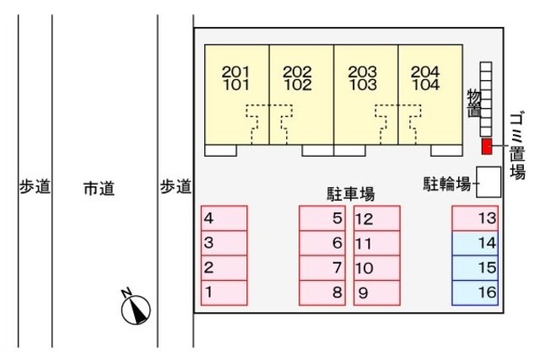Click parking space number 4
pyautogui.click(x=224, y=219)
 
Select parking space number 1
pyautogui.click(x=224, y=293)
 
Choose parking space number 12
pyautogui.click(x=375, y=219)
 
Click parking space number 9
pyautogui.click(x=375, y=293)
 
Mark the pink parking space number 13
pyautogui.click(x=475, y=219)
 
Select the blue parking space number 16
pyautogui.click(x=475, y=293)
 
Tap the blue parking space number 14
pyautogui.click(x=475, y=244)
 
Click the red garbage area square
pyautogui.click(x=487, y=147)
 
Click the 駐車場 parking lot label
pyautogui.click(x=350, y=194)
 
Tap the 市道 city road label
pyautogui.click(x=99, y=188)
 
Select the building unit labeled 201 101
pyautogui.click(x=237, y=93)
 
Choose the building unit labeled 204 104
pyautogui.click(x=430, y=93)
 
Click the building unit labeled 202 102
pyautogui.click(x=301, y=93)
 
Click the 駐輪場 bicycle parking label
pyautogui.click(x=447, y=183)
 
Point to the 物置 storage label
pyautogui.click(x=474, y=102)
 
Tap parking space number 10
pyautogui.click(x=375, y=268)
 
